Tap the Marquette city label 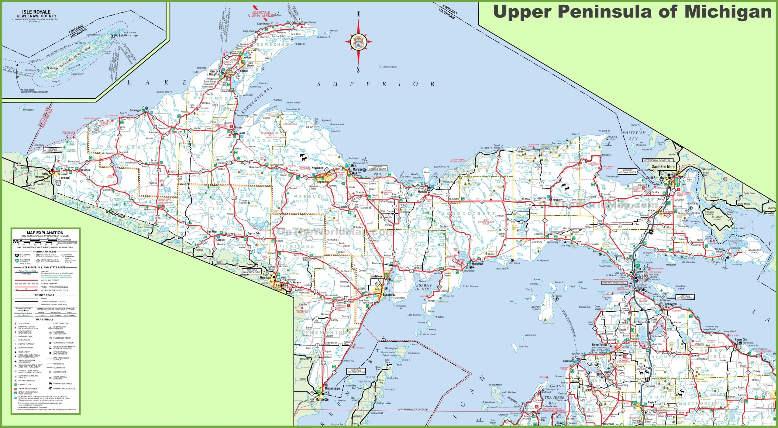[x=360, y=169]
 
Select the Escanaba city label [x=389, y=295]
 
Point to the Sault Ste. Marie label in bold [x=663, y=167]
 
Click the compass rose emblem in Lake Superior [x=358, y=42]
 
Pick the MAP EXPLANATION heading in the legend [x=45, y=233]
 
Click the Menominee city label [x=332, y=388]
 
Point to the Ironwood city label [x=64, y=178]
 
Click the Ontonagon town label [x=136, y=110]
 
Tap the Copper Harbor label [x=309, y=22]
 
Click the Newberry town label [x=557, y=200]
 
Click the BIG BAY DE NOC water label [x=424, y=287]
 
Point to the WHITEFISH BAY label [x=633, y=135]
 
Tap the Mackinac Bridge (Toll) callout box [x=614, y=283]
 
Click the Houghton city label [x=215, y=74]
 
